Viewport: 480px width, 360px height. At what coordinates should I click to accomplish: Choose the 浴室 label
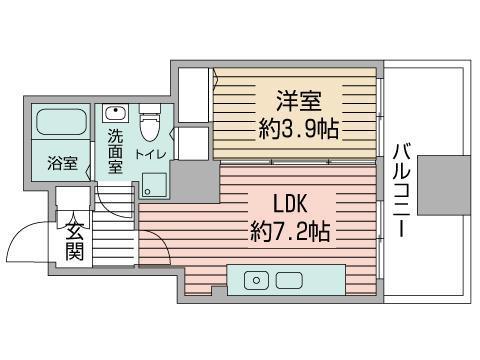62,163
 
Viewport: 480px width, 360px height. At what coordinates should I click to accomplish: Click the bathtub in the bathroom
62,125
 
